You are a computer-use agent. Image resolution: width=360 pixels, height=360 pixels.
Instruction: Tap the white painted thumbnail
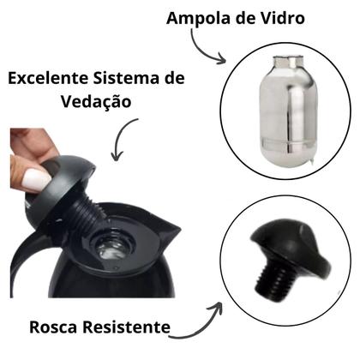point(36,180)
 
